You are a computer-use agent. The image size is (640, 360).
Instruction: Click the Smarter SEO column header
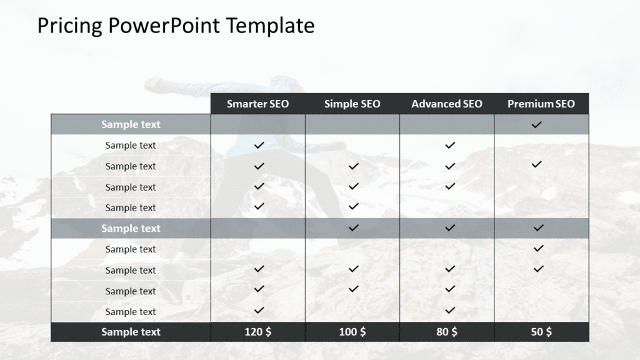pos(257,104)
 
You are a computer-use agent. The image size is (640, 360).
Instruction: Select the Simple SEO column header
pos(352,104)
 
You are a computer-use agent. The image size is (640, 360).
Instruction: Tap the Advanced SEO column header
pos(447,104)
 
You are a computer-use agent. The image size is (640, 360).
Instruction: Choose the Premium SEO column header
pos(541,104)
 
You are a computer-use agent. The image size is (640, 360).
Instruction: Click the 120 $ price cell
pos(257,332)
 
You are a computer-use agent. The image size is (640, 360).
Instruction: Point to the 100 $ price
pos(352,332)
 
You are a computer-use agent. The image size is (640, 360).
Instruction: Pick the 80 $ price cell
pos(447,332)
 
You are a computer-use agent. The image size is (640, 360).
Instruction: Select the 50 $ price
pos(541,332)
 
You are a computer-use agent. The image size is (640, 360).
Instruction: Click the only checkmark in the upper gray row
pos(536,125)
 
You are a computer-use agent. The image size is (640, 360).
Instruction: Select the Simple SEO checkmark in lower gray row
pos(354,228)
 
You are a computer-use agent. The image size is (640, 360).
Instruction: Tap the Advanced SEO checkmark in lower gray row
pos(450,228)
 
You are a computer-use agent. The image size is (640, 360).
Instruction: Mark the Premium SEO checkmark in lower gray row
pos(538,228)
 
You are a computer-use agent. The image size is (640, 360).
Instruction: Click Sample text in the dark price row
pos(131,332)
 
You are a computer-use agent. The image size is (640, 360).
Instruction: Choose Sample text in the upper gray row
pos(131,124)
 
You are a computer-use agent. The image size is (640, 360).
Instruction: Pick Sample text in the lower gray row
pos(131,228)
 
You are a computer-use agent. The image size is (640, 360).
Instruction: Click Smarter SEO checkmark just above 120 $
pos(259,310)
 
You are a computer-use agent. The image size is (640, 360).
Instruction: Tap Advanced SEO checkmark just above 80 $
pos(450,310)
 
